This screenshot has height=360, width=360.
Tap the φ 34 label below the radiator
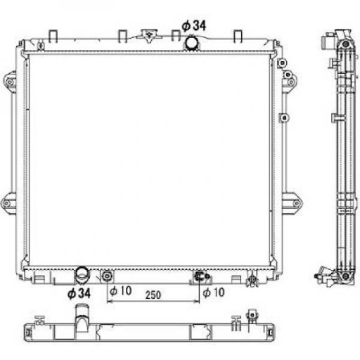[78, 292]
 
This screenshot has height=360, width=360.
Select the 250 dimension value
[154, 295]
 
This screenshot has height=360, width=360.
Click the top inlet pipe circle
[191, 44]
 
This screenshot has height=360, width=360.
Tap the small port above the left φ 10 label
[107, 275]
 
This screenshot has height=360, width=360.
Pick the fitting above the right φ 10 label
[200, 276]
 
